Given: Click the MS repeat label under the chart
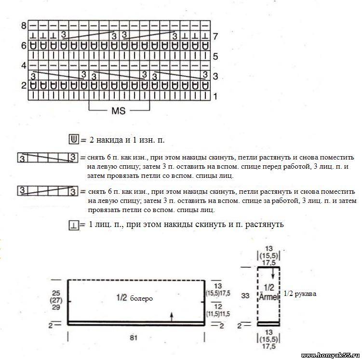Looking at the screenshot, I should (x=118, y=111).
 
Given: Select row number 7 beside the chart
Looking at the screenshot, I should (x=215, y=36).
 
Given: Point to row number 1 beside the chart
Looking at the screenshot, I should (x=215, y=96).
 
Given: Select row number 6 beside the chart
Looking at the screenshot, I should (x=23, y=46).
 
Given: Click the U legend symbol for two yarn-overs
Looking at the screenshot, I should (x=74, y=140).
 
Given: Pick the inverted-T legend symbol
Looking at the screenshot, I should (x=74, y=225).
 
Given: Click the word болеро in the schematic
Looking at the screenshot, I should (x=141, y=298).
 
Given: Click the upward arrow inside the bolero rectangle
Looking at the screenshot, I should (x=172, y=316).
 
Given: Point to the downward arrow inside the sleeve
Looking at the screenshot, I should (x=273, y=273).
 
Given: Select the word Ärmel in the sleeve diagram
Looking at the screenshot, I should (x=268, y=297).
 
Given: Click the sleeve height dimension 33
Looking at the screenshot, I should (x=245, y=296).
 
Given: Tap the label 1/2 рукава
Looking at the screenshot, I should (x=300, y=293).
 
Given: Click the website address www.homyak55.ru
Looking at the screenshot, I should (x=330, y=355).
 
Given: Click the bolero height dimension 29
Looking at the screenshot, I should (x=56, y=307).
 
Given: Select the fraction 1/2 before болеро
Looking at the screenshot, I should (x=121, y=298).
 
